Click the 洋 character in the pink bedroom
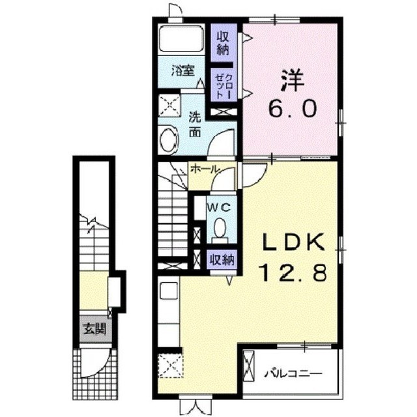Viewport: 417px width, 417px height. (x=293, y=80)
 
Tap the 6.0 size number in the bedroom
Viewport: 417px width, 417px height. (x=293, y=109)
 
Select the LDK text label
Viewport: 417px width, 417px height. (x=294, y=242)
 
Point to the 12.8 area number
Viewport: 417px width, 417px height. (x=294, y=272)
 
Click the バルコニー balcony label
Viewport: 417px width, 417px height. (x=293, y=374)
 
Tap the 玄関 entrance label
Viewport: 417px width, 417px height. (x=95, y=329)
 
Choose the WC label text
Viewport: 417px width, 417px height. (x=219, y=208)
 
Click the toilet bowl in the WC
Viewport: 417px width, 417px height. (x=220, y=229)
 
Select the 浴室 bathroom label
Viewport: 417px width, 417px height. (x=183, y=71)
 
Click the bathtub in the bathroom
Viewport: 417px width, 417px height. (x=181, y=39)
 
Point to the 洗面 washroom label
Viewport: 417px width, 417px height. (x=195, y=124)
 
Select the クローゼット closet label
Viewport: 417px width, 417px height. (x=223, y=85)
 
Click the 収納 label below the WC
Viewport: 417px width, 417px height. (x=222, y=259)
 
